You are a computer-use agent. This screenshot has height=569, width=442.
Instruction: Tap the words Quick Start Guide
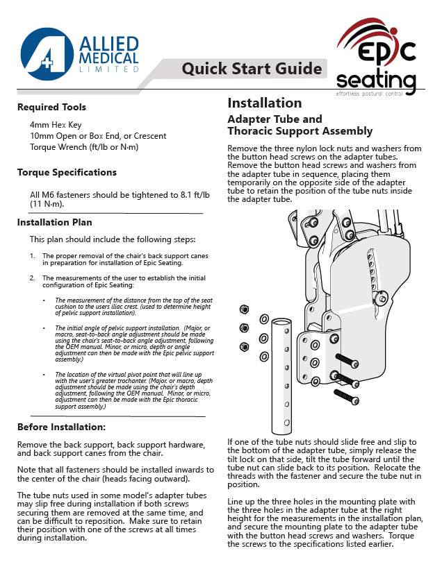(252, 68)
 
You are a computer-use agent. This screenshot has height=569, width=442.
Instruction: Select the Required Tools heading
(52, 108)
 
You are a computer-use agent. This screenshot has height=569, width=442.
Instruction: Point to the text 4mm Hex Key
(56, 124)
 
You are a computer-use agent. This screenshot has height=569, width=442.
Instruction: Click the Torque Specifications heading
(67, 173)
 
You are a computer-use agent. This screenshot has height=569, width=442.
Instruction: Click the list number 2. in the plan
(33, 278)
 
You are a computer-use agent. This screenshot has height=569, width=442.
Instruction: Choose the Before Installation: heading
(61, 427)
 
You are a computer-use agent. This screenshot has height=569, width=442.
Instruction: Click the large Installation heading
(265, 103)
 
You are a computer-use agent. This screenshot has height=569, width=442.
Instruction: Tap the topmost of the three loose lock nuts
(244, 309)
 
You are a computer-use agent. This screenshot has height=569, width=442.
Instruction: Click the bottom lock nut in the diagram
(244, 346)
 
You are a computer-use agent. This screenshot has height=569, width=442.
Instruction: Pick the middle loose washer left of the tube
(264, 339)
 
